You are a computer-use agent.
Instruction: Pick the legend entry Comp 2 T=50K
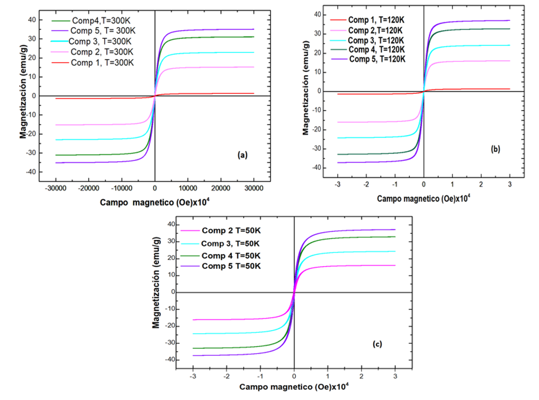[x=231, y=231]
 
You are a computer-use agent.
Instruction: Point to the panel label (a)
[x=242, y=156]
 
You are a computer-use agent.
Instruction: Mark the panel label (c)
[x=377, y=344]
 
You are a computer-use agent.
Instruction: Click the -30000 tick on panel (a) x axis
[x=55, y=188]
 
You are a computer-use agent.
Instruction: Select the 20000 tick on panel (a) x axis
[x=221, y=188]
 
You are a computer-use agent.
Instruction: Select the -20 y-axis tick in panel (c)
[x=171, y=326]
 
